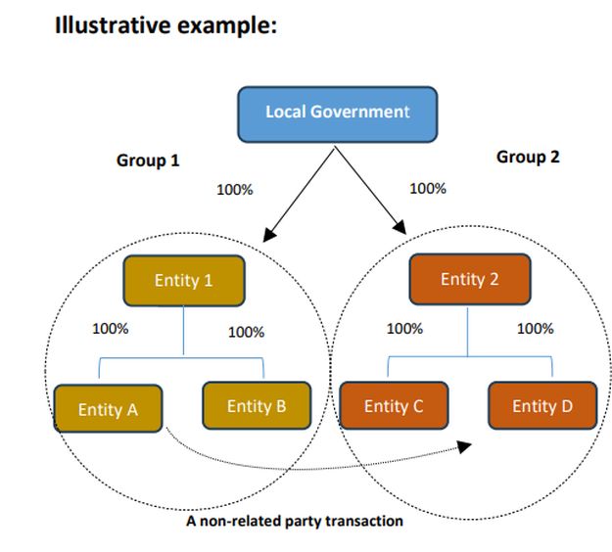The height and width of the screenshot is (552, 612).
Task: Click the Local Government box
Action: tap(337, 113)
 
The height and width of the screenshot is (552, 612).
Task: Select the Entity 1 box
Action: tap(183, 281)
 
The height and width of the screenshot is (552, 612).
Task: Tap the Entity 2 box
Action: tap(469, 279)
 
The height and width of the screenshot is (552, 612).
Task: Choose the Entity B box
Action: tap(256, 406)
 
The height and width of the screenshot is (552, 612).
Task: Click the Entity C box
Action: tap(393, 406)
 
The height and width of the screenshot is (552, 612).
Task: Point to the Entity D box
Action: tap(541, 406)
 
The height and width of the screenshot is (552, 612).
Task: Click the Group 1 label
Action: tap(148, 161)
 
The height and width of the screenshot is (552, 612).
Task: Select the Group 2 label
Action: tap(528, 157)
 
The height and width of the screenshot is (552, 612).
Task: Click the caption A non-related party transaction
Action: tap(294, 521)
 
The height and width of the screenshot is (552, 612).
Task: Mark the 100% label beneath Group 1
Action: tap(234, 190)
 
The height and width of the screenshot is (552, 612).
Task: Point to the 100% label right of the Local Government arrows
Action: tap(428, 188)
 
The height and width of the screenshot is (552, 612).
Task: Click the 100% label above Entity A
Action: tap(110, 329)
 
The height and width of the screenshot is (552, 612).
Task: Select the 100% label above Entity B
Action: tap(246, 332)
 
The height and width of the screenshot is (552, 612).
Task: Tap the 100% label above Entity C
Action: tap(404, 329)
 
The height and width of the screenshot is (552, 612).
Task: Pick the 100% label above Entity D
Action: tap(535, 329)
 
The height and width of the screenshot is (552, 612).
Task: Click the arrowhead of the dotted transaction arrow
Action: tap(464, 446)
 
